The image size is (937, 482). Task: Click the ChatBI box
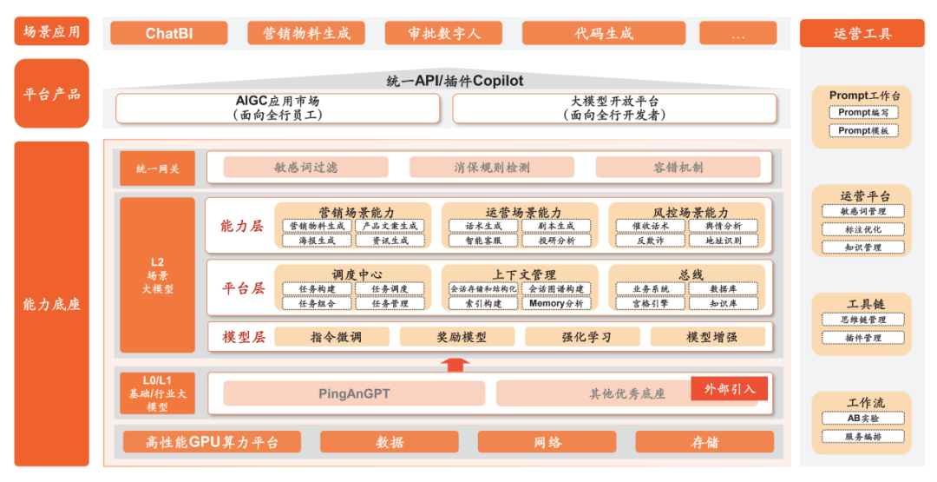[169, 33]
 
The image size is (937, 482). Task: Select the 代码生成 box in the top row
[604, 33]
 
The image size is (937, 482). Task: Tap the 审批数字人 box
[443, 33]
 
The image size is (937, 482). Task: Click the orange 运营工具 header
[862, 34]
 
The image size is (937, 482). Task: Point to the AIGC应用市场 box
[278, 108]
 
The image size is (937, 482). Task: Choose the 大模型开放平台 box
[614, 108]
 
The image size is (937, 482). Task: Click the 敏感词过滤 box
[305, 168]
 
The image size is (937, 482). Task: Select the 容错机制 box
[678, 168]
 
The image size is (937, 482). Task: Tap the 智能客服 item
[483, 241]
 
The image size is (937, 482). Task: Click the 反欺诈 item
[650, 241]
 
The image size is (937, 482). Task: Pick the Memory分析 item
[556, 303]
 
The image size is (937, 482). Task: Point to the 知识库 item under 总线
[723, 303]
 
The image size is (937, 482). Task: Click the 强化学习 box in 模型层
[580, 337]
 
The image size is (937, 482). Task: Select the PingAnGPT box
[354, 393]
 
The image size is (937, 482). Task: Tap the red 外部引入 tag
[730, 389]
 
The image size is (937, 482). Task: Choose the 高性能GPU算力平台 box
[212, 442]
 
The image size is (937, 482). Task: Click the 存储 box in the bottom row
[704, 442]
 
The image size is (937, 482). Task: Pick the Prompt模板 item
[862, 130]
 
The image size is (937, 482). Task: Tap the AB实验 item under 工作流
[862, 418]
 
